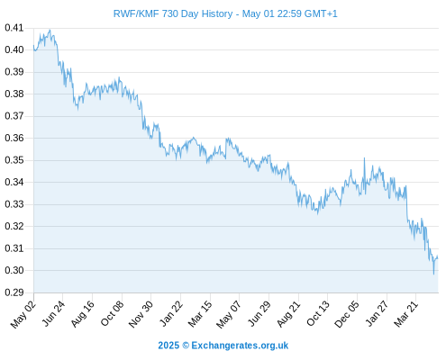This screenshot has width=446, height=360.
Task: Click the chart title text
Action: (225, 13)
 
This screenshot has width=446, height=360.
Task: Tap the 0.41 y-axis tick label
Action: (14, 28)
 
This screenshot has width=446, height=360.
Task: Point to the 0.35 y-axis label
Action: (14, 160)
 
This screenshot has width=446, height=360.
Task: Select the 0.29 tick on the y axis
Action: (14, 292)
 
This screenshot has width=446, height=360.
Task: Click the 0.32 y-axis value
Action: (14, 226)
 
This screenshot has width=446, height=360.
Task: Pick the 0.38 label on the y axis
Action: (14, 94)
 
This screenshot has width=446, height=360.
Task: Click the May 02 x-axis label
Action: (23, 314)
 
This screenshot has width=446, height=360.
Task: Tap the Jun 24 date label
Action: (53, 313)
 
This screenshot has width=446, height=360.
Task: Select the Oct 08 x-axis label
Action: (112, 313)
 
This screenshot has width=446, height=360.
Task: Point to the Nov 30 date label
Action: (141, 314)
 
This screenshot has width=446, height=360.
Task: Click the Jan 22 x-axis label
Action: (171, 313)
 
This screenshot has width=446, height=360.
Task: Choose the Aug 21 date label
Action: (288, 314)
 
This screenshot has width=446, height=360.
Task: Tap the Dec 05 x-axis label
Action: (347, 314)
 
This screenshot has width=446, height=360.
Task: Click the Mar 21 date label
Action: (405, 313)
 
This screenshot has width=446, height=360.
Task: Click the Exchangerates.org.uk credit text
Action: (240, 346)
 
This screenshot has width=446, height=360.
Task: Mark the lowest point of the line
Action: (433, 274)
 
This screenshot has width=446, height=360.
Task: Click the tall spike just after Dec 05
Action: (364, 158)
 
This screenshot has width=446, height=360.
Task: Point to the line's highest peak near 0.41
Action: (50, 30)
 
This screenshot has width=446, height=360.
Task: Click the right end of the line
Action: (438, 258)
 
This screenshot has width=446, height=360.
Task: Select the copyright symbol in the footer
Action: (186, 346)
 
